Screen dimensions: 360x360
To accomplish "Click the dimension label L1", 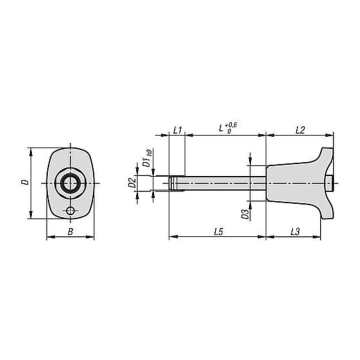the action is [177, 130].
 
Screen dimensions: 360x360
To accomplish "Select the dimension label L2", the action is [300, 130].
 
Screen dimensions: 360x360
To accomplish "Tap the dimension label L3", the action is [295, 231].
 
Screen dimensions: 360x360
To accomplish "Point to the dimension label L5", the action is [218, 231].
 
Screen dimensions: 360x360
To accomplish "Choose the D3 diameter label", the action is [245, 214].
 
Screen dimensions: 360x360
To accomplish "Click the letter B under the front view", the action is [70, 231].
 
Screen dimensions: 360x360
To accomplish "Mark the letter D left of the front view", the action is [25, 182].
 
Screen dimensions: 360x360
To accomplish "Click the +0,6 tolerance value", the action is [230, 125].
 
